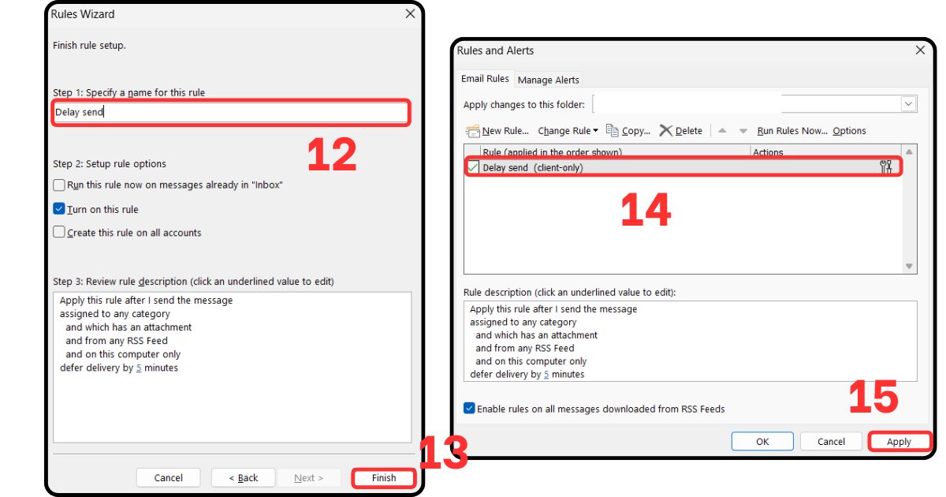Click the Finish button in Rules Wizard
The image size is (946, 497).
(384, 478)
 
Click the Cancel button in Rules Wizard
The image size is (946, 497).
(169, 478)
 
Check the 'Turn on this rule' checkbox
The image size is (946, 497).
(59, 209)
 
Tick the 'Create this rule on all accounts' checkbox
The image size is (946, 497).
(59, 233)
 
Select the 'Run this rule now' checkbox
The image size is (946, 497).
(59, 185)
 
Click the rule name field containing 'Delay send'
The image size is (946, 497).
(230, 112)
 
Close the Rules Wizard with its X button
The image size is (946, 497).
(410, 14)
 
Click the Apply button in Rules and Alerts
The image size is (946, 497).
(899, 442)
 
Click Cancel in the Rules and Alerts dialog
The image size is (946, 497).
(831, 442)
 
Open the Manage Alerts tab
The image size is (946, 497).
(548, 80)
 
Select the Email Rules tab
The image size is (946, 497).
(485, 79)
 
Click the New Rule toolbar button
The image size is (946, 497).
(497, 131)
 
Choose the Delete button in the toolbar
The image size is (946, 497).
(681, 131)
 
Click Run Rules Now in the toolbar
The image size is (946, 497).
(791, 131)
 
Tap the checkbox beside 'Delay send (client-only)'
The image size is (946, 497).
(473, 167)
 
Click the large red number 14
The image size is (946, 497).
(646, 211)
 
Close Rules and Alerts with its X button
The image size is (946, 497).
(920, 50)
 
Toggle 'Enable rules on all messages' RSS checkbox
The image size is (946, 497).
(470, 409)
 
